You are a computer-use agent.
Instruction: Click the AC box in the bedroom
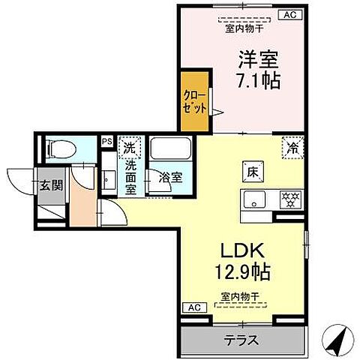[x=289, y=14]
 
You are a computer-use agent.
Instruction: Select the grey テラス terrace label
[x=242, y=340]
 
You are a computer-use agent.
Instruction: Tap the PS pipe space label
[x=106, y=140]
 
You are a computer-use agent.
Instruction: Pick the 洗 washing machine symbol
[x=130, y=148]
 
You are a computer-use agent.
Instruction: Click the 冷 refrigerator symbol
[x=292, y=148]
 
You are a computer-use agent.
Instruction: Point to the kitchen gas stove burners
[x=289, y=199]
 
